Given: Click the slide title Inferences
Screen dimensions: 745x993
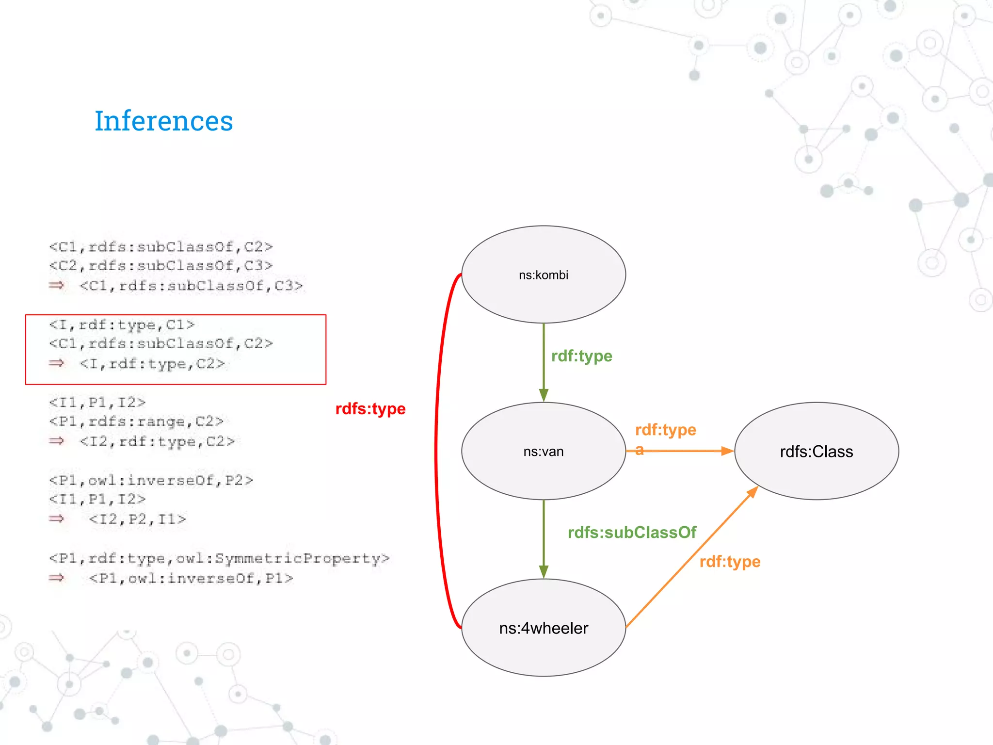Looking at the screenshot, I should (163, 121).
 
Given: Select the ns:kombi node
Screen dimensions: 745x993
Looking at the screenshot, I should (543, 275).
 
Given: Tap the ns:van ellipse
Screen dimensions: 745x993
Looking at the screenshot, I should (543, 451).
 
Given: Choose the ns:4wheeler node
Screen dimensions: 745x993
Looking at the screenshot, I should (543, 628).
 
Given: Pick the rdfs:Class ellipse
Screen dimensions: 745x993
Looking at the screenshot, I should (817, 451).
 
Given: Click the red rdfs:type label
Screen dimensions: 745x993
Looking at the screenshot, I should (370, 409).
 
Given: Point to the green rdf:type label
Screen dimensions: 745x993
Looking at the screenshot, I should (581, 356).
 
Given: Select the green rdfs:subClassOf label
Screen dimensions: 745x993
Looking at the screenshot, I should (632, 533).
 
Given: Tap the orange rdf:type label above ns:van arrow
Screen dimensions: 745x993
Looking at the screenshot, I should (665, 430).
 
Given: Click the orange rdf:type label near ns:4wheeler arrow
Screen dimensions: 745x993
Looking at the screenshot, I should (730, 562).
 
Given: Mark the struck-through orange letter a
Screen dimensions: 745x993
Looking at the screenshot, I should (640, 450).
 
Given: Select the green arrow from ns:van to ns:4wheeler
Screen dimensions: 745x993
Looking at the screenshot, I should (544, 538).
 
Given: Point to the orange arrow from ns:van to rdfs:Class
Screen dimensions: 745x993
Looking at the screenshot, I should (689, 451).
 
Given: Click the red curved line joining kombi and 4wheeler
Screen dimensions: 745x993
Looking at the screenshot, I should (436, 451).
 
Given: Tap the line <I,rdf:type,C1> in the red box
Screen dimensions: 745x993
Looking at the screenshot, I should (122, 324).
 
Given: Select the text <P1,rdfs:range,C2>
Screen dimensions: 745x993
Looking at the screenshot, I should (136, 421).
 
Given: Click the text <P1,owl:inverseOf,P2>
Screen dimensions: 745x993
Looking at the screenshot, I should (151, 480).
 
